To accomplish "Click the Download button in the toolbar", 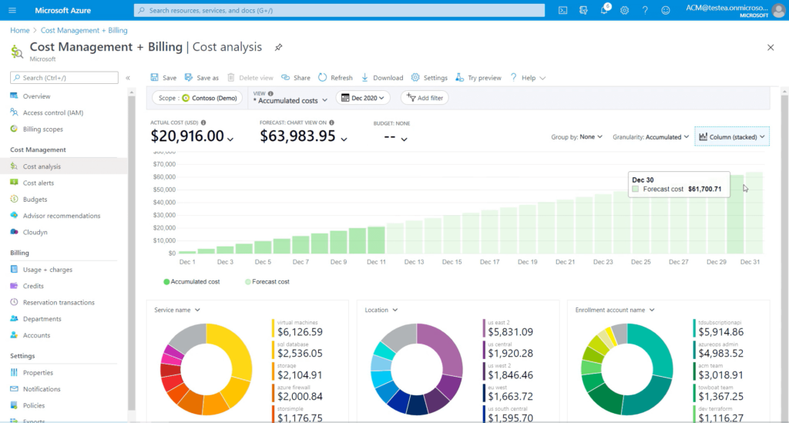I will pyautogui.click(x=382, y=78).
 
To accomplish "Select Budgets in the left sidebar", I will pyautogui.click(x=35, y=200).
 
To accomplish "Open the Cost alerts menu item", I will pyautogui.click(x=39, y=183).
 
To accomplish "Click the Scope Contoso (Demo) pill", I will pyautogui.click(x=196, y=98).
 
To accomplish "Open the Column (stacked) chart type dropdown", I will pyautogui.click(x=732, y=136).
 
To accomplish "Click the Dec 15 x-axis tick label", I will pyautogui.click(x=452, y=262).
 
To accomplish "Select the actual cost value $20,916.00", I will pyautogui.click(x=187, y=136).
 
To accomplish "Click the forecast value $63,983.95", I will pyautogui.click(x=298, y=136).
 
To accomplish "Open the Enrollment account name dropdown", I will pyautogui.click(x=615, y=310).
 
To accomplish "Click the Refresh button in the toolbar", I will pyautogui.click(x=336, y=78).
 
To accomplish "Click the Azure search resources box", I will pyautogui.click(x=339, y=10).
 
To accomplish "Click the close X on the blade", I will pyautogui.click(x=771, y=48).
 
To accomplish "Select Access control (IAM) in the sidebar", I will pyautogui.click(x=53, y=112).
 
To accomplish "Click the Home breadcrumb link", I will pyautogui.click(x=19, y=30).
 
